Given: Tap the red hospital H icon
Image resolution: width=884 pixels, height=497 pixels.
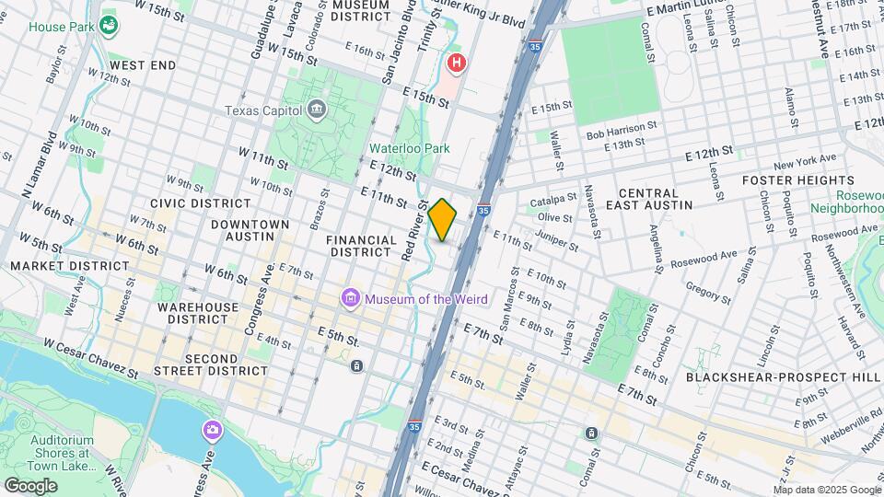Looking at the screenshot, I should point(456,64).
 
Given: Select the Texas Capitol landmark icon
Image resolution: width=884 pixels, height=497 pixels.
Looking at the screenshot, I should point(317,110).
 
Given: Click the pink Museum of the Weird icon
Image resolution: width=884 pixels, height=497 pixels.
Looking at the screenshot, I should point(350,299).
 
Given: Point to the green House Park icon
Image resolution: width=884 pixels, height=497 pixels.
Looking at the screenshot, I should point(110,27).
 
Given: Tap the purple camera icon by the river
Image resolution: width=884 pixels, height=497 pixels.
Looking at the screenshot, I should point(212,430).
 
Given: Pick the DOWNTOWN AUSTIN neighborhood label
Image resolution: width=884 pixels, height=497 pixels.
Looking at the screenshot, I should point(250,230).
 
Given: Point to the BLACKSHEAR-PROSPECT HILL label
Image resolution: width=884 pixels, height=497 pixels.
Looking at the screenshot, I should point(784,376).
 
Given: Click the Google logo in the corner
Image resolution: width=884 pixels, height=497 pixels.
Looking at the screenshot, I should point(30,485).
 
